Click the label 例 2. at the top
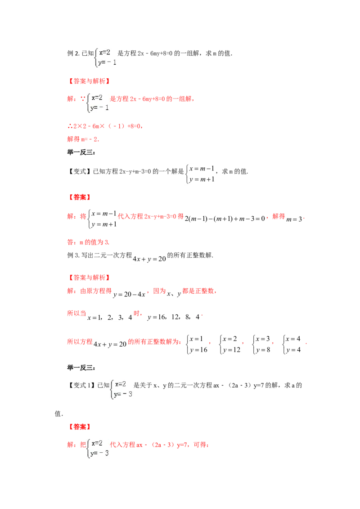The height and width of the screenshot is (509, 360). tap(73, 53)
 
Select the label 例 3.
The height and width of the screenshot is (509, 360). tap(73, 255)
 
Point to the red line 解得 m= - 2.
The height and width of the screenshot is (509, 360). tap(83, 139)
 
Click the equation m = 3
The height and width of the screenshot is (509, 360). tap(294, 219)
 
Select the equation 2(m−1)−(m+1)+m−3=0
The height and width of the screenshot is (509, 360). tap(225, 219)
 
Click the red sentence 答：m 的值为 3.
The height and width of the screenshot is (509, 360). tap(88, 242)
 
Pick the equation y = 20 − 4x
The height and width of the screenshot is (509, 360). tap(129, 295)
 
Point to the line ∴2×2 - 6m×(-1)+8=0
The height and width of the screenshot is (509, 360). tap(105, 126)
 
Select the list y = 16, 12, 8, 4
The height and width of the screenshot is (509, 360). tap(174, 317)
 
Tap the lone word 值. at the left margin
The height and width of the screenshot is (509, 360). tap(59, 414)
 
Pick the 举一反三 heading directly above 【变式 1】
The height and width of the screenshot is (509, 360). tap(81, 368)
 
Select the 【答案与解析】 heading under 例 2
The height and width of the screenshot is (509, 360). tap(89, 81)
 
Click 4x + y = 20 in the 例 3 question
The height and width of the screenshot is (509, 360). tap(149, 259)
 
